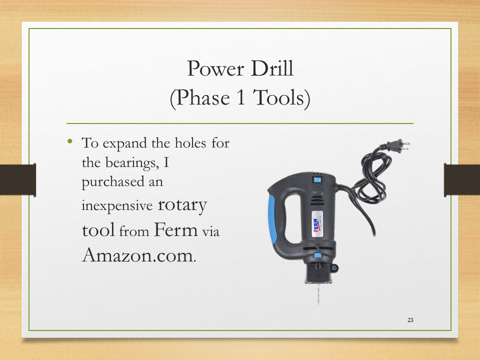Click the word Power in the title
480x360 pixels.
tap(215, 68)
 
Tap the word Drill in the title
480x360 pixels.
tap(272, 68)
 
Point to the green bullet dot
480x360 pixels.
tap(70, 141)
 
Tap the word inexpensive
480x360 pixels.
tap(117, 205)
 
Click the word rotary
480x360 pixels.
tap(182, 205)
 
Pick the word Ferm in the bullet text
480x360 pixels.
tap(175, 229)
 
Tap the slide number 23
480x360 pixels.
tap(410, 320)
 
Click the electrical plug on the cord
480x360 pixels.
tap(397, 145)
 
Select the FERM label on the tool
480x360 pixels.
tap(317, 225)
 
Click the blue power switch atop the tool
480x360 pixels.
tap(317, 179)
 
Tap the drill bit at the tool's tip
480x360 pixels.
tap(318, 293)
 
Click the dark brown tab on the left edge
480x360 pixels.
tap(18, 179)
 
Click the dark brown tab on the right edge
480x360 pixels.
tap(462, 179)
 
